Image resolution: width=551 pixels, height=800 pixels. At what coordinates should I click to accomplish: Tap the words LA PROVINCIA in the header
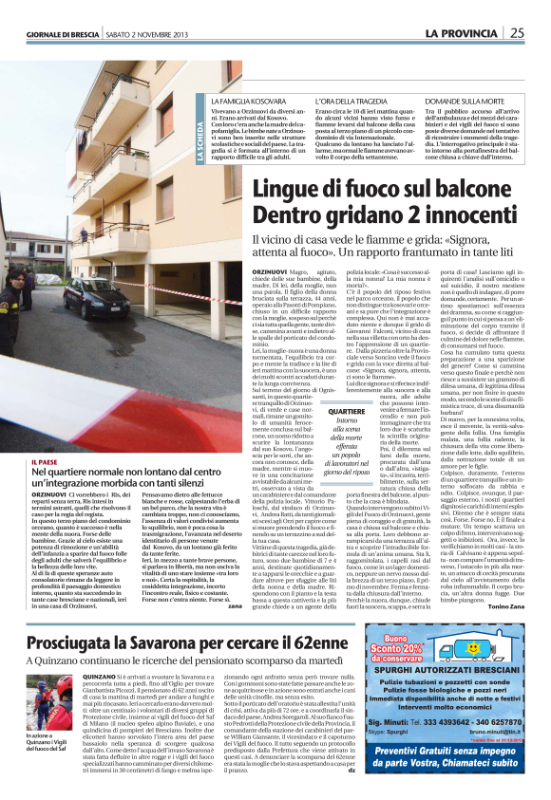click(461, 33)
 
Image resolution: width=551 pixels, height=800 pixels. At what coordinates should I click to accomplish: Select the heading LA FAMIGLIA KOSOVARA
click(249, 100)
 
